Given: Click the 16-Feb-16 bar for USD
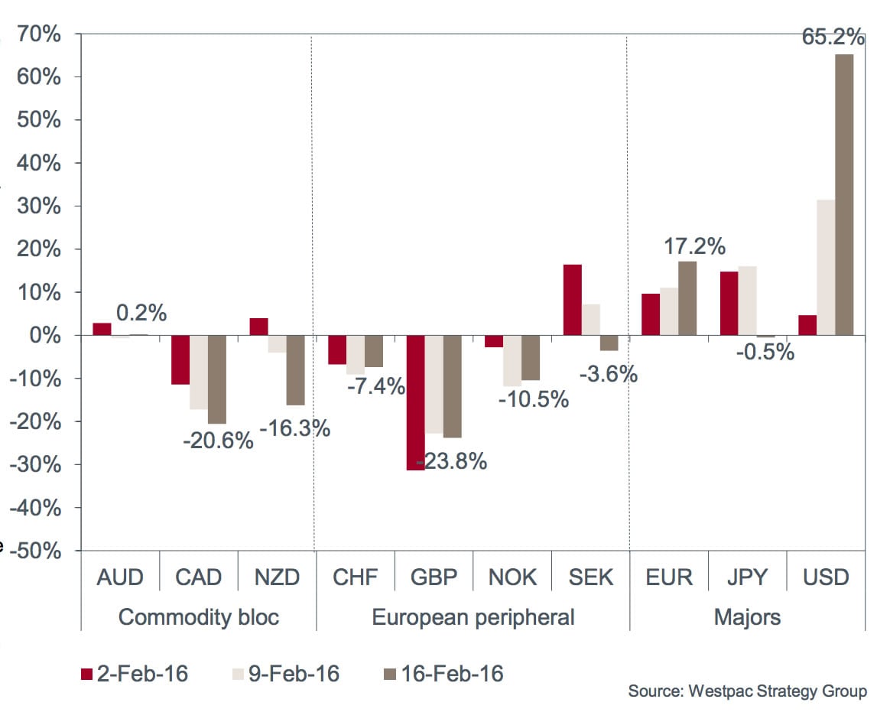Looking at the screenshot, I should (x=844, y=195).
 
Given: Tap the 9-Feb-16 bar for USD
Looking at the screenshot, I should (x=826, y=268).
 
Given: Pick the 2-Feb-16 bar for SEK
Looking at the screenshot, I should (x=572, y=300).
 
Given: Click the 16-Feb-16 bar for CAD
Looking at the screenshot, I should (x=217, y=379).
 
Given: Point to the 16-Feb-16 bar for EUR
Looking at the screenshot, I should (x=687, y=298).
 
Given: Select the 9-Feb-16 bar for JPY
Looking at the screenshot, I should (x=747, y=301).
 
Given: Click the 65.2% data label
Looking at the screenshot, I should (x=833, y=37).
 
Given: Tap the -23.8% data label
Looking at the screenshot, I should (x=451, y=462).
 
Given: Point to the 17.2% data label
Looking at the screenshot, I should (x=694, y=246).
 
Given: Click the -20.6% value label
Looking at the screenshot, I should (x=217, y=441).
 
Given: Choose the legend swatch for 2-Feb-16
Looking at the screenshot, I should (x=86, y=674).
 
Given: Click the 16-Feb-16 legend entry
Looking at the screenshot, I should (x=443, y=674).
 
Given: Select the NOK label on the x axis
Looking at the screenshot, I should (x=513, y=577).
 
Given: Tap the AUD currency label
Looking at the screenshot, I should (x=120, y=577).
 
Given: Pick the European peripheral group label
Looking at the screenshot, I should (x=473, y=616).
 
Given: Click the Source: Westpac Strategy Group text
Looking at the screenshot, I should (x=747, y=691).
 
